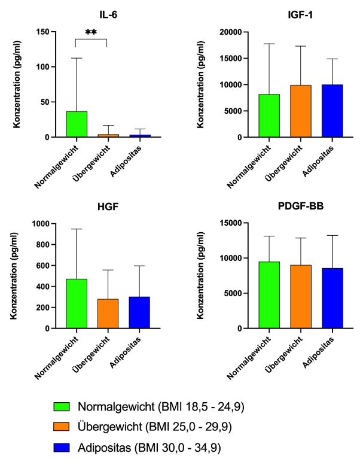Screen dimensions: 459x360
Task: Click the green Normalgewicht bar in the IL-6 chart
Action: pos(77,124)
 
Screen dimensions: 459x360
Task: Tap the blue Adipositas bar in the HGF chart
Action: pos(139,312)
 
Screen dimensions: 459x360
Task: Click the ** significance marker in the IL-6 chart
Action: pos(91,34)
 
